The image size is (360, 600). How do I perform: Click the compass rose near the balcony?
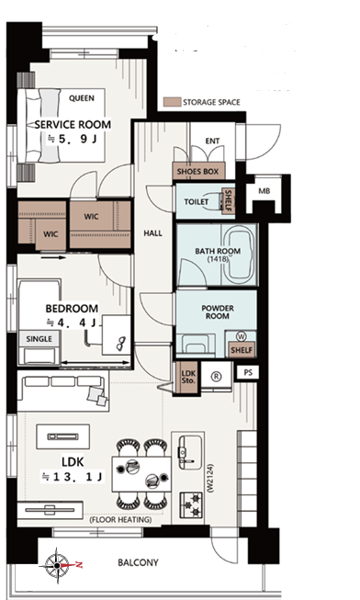(x=57, y=565)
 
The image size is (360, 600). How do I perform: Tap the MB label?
(x=264, y=190)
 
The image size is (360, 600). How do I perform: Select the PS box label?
(x=248, y=372)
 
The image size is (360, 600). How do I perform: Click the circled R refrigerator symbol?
(x=217, y=377)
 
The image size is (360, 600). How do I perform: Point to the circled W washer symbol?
(x=242, y=336)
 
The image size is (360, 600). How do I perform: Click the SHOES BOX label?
(x=197, y=172)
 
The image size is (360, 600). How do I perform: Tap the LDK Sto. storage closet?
(x=188, y=377)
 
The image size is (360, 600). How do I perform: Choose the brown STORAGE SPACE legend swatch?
(x=172, y=102)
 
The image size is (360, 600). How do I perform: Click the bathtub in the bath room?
(x=241, y=254)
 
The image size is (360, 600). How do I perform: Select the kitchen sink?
(x=190, y=453)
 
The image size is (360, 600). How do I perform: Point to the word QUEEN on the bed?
(x=82, y=98)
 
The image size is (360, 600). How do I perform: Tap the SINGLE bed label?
(x=39, y=339)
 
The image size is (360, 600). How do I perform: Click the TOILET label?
(x=197, y=201)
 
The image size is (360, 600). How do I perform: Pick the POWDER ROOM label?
(x=218, y=312)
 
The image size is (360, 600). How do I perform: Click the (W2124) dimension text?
(x=210, y=478)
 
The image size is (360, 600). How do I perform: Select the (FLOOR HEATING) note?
(x=120, y=520)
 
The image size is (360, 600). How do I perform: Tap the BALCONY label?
(x=138, y=562)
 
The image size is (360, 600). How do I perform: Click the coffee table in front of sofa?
(x=63, y=436)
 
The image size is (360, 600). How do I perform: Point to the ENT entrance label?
(x=212, y=141)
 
